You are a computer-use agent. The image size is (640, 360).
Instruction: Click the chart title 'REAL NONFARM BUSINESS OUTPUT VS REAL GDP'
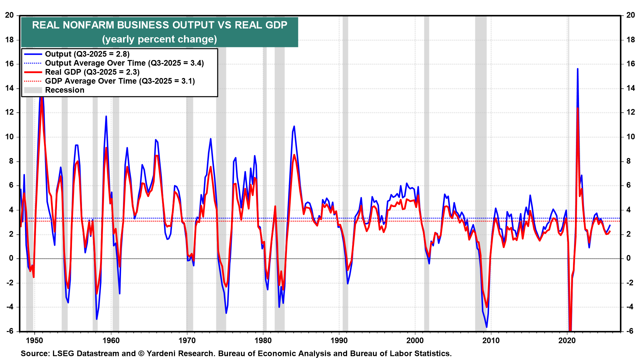159,25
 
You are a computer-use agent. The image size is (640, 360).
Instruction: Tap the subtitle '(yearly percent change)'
159,39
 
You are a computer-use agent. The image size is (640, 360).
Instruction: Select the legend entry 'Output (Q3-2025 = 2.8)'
87,54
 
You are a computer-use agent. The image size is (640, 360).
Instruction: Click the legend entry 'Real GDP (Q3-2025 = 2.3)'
92,72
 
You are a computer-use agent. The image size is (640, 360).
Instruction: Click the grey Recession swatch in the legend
33,90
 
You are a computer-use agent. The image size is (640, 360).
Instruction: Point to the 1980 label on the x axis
263,340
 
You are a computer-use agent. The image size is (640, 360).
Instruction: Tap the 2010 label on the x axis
491,340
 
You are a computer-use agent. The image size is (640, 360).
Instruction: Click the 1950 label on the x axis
35,340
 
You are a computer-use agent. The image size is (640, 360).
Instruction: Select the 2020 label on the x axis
567,340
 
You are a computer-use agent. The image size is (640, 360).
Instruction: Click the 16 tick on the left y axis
9,64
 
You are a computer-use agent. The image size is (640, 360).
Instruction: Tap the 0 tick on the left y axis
11,258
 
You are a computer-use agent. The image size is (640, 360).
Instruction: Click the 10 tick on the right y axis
630,137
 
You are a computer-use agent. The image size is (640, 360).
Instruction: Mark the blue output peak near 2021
577,69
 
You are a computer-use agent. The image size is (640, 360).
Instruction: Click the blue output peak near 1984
294,126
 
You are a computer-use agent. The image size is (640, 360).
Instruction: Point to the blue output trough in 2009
487,327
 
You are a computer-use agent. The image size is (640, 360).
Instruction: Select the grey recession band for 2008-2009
481,167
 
